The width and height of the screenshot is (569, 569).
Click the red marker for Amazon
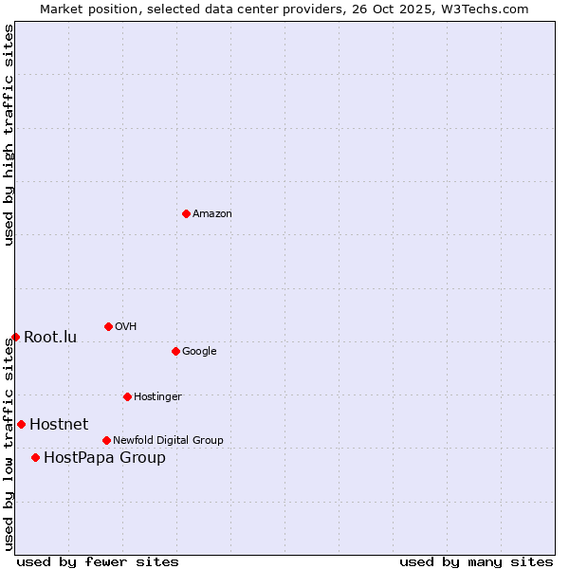pyautogui.click(x=186, y=213)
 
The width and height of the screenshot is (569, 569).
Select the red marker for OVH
pyautogui.click(x=108, y=326)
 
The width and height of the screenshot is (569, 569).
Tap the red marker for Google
pyautogui.click(x=175, y=351)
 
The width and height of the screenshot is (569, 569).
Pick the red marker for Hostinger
pyautogui.click(x=127, y=396)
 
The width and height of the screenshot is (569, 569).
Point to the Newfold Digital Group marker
pyautogui.click(x=106, y=440)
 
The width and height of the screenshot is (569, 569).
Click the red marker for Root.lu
pyautogui.click(x=15, y=337)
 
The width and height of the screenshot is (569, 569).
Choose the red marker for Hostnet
pyautogui.click(x=21, y=424)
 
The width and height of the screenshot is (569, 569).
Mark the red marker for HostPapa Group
pyautogui.click(x=35, y=457)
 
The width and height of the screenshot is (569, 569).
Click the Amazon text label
pyautogui.click(x=212, y=214)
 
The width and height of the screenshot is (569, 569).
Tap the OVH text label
pyautogui.click(x=126, y=327)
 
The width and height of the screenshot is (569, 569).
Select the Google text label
pyautogui.click(x=199, y=352)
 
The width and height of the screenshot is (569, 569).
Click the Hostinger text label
pyautogui.click(x=157, y=396)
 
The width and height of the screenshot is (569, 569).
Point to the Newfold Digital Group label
pyautogui.click(x=168, y=440)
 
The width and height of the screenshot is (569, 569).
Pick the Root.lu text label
pyautogui.click(x=50, y=338)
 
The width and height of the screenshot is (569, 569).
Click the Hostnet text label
pyautogui.click(x=59, y=425)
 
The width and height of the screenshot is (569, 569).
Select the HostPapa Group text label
pyautogui.click(x=104, y=458)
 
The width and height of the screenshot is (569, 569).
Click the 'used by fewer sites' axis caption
pyautogui.click(x=98, y=561)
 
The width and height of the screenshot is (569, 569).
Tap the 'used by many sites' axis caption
pyautogui.click(x=476, y=561)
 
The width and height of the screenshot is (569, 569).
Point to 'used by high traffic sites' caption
pyautogui.click(x=9, y=135)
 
